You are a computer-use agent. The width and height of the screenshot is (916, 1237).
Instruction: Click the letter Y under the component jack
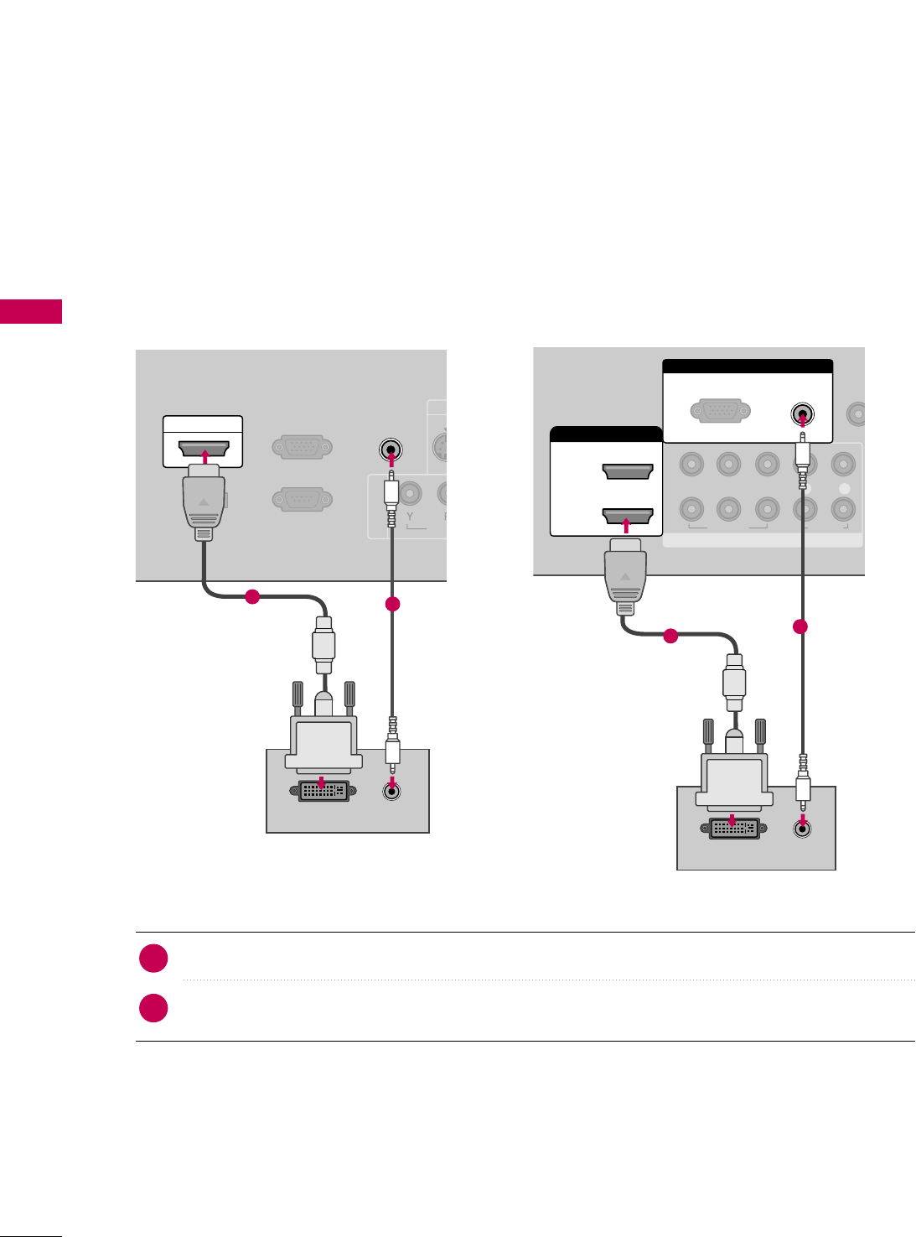tap(411, 516)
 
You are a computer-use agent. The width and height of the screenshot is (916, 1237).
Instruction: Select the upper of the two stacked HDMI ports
tap(628, 471)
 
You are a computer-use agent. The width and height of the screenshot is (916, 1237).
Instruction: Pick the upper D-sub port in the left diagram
tap(302, 448)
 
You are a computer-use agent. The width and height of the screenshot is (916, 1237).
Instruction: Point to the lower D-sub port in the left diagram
tap(302, 500)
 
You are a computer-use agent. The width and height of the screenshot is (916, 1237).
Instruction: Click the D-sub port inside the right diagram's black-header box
tap(716, 411)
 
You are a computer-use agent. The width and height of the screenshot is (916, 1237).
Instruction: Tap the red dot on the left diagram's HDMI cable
tap(251, 597)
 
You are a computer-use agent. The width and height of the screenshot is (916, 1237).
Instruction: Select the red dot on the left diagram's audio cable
tap(392, 604)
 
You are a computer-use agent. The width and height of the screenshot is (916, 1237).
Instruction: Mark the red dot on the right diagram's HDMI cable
tap(670, 637)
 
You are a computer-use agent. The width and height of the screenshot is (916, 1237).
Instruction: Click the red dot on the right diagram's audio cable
tap(800, 626)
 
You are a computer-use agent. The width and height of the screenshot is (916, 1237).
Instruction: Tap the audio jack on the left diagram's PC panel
tap(391, 790)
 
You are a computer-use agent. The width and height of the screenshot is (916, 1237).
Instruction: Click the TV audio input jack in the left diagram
tap(391, 450)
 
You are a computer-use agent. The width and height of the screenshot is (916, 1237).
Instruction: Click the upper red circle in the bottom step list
tap(153, 959)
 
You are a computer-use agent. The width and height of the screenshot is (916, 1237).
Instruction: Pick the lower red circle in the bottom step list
tap(153, 1008)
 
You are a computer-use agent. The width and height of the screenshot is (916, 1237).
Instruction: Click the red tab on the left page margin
tap(31, 311)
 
